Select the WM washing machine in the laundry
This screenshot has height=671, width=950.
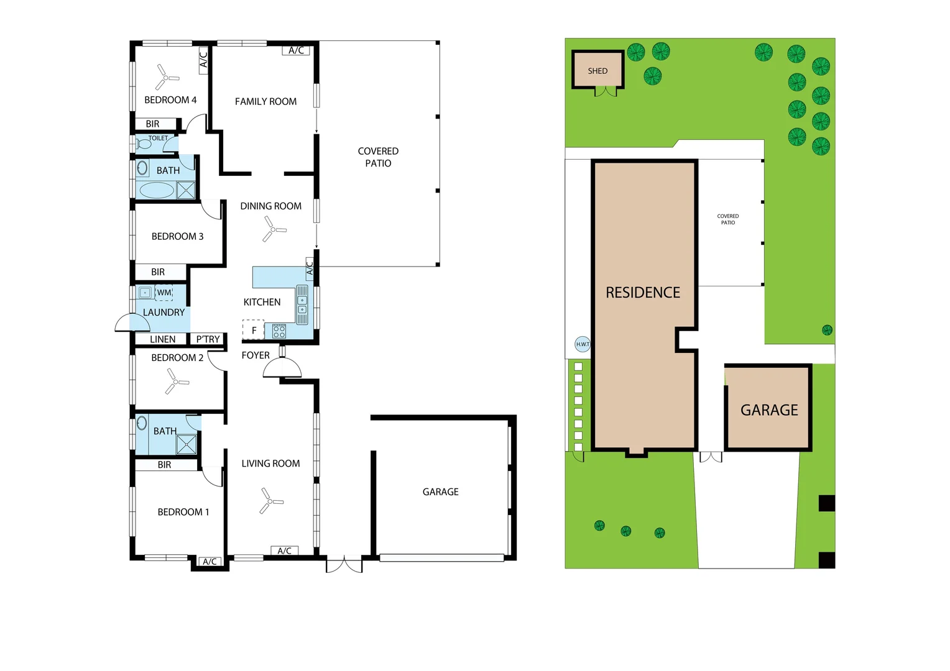(164, 293)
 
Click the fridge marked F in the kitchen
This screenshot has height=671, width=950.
(253, 330)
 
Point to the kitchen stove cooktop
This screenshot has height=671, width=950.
(279, 331)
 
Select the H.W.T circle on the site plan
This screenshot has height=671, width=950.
(583, 344)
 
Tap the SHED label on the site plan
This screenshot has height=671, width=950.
(597, 71)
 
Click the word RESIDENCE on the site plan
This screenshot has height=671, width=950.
(643, 293)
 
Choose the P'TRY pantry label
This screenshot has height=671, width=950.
(208, 339)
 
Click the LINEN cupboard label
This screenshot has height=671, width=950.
(162, 339)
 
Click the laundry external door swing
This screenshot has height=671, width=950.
(132, 323)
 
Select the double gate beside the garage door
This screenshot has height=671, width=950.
(344, 564)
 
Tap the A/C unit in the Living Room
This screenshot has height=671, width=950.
(285, 550)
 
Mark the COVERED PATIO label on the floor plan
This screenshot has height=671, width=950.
(378, 157)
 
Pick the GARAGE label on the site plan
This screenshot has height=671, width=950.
(769, 410)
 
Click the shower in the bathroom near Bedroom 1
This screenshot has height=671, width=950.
(187, 444)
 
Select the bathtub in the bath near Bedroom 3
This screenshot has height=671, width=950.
(157, 190)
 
